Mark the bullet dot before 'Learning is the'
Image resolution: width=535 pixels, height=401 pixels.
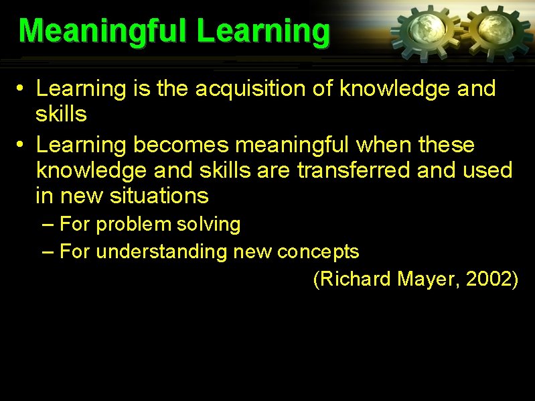click(x=21, y=89)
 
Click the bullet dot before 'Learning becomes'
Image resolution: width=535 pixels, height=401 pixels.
click(x=21, y=145)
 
